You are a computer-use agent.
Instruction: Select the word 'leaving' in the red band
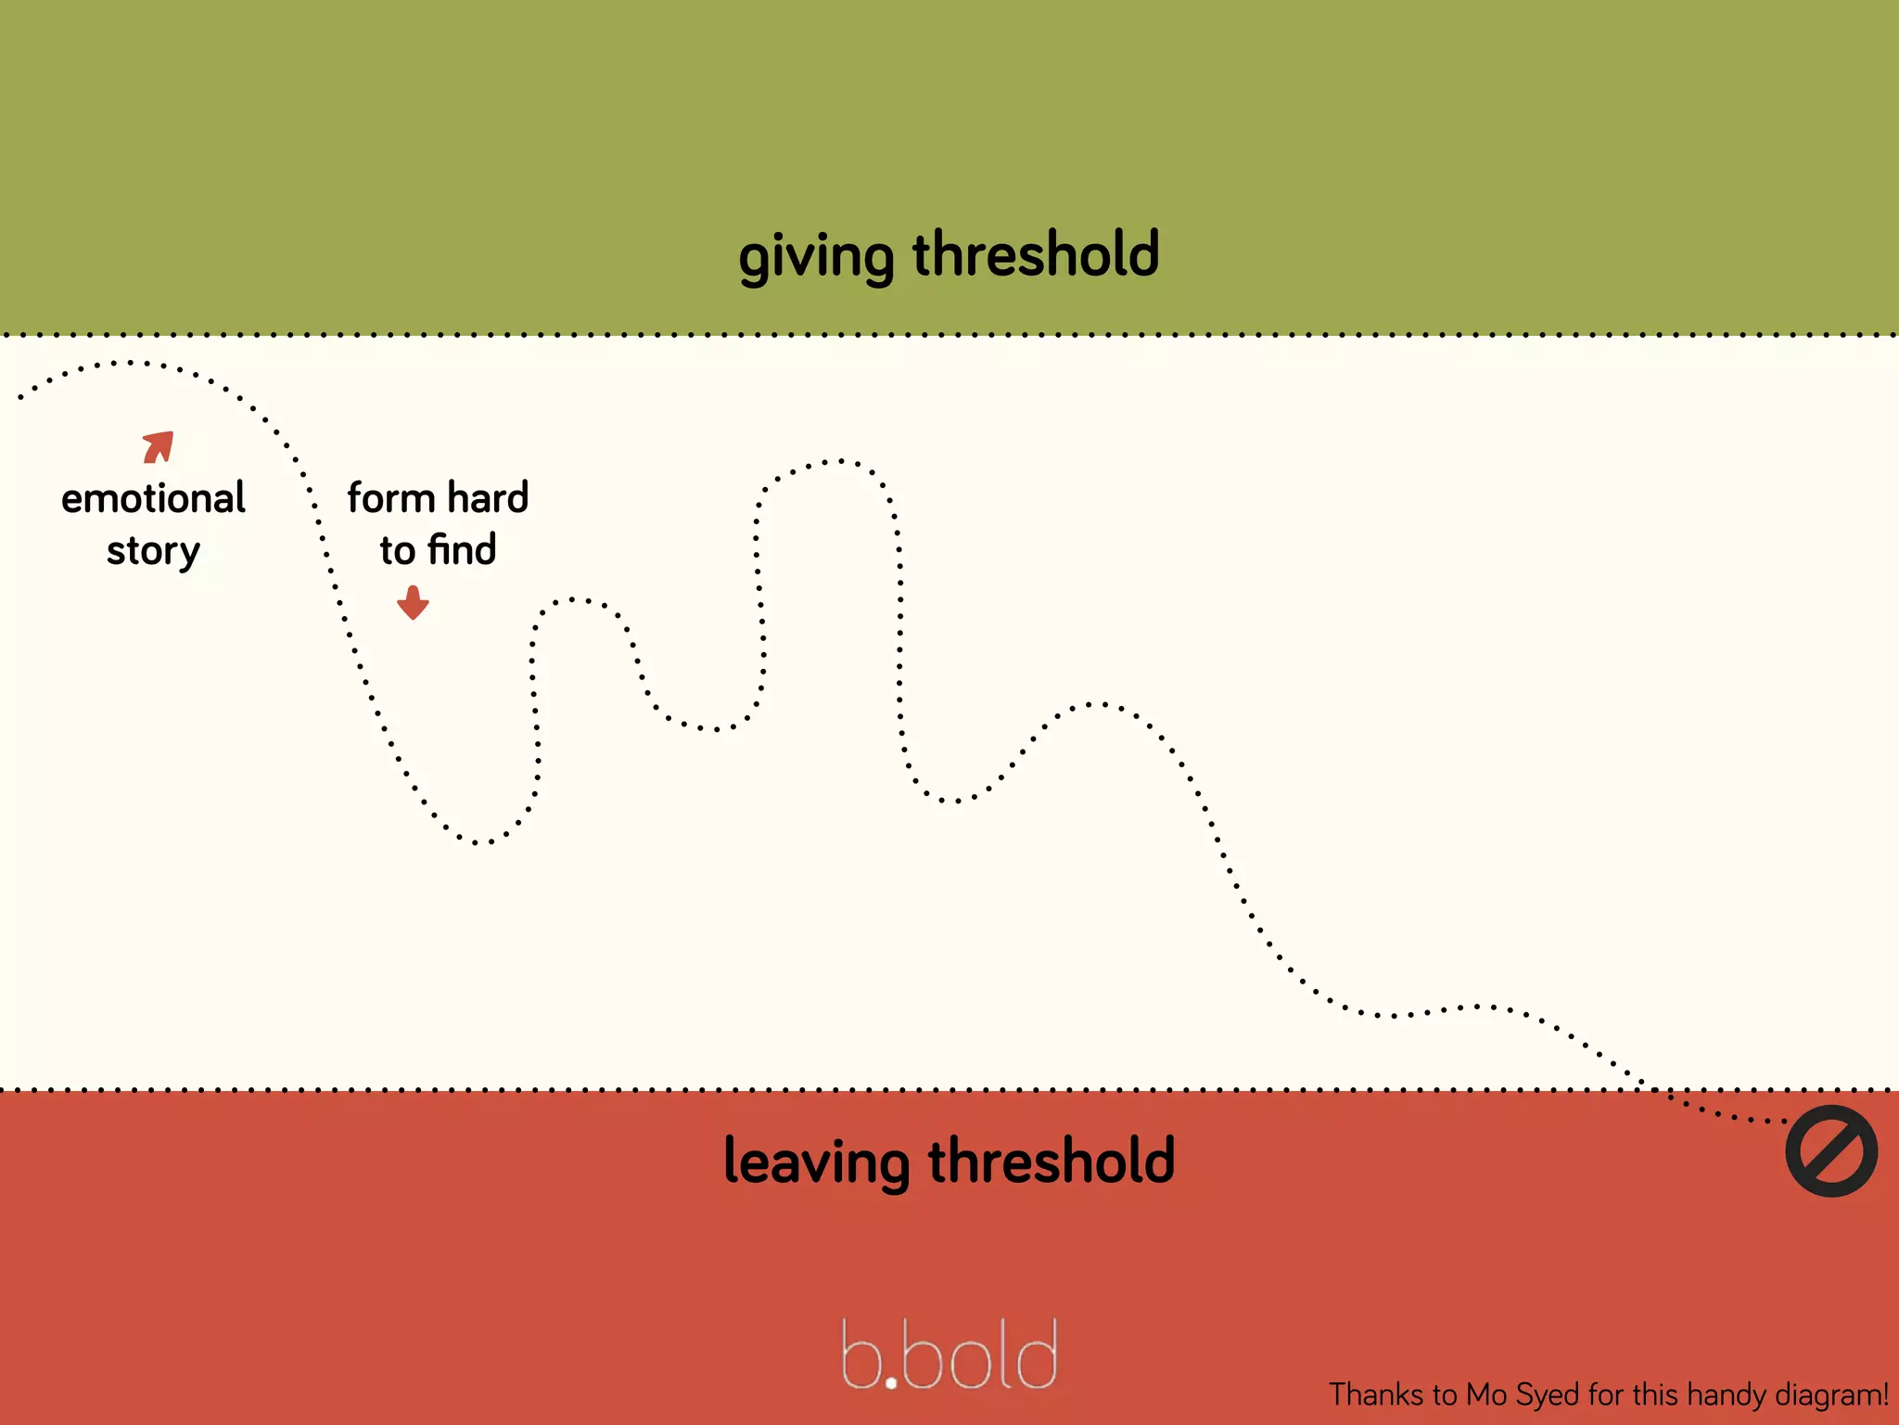(816, 1162)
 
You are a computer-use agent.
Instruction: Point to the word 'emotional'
(153, 498)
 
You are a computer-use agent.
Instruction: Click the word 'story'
(153, 551)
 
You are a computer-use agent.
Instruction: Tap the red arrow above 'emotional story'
(159, 446)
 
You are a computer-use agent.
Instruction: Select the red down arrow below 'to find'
(413, 602)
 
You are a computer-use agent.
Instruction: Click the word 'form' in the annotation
(390, 498)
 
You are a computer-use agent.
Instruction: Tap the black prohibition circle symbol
(1831, 1150)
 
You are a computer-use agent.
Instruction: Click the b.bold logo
(949, 1354)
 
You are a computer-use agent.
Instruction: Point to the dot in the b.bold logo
(891, 1382)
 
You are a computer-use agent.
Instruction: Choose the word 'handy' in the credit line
(1727, 1395)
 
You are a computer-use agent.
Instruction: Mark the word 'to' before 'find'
(398, 550)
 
